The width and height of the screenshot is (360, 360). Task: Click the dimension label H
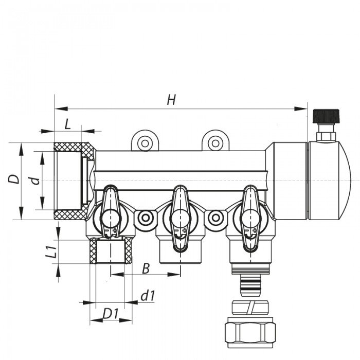(x=171, y=100)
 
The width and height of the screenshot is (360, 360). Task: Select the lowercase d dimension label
(x=34, y=180)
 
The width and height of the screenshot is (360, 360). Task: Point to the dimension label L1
(x=50, y=252)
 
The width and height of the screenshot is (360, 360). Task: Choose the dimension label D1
(x=110, y=313)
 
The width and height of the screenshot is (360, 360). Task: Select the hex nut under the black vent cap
(x=325, y=136)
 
